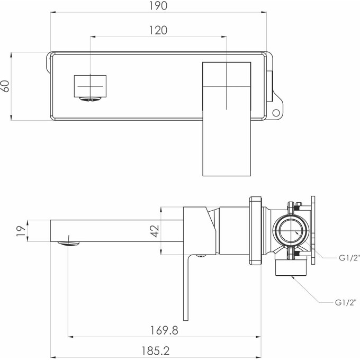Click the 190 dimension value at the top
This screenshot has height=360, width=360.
[157, 7]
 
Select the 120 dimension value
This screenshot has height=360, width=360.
[157, 30]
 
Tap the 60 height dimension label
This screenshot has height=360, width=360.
[5, 86]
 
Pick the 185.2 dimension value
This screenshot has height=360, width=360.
[157, 351]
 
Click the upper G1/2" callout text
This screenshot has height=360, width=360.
[349, 258]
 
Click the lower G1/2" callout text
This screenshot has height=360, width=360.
[347, 303]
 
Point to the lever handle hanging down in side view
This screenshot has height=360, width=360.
[186, 286]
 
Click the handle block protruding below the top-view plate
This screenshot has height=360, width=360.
[227, 148]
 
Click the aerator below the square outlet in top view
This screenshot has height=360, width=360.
[89, 98]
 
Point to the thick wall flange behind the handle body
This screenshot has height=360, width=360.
[256, 230]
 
